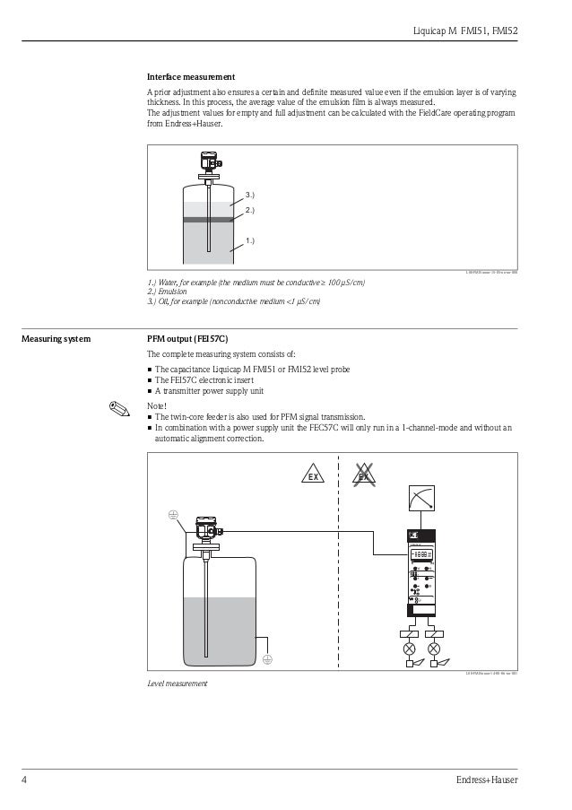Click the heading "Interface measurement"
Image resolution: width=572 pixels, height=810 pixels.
(x=191, y=77)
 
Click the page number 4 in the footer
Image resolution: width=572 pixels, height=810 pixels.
(x=24, y=779)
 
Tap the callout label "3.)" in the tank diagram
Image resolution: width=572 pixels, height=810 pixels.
(x=249, y=194)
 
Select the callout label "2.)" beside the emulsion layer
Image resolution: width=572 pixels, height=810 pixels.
(x=249, y=211)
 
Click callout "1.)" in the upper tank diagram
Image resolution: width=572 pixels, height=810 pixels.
(x=249, y=241)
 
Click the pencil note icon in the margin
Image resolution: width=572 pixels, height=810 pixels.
(x=115, y=408)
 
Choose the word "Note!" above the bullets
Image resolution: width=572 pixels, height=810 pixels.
(x=157, y=406)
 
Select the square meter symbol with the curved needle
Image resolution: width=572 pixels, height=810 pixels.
(x=420, y=498)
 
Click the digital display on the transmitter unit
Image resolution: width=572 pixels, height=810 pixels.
(x=421, y=555)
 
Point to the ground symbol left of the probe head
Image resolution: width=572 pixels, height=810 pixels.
(x=173, y=515)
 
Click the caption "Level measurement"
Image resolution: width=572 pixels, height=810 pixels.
(x=177, y=684)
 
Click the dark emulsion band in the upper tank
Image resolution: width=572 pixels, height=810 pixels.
(x=207, y=219)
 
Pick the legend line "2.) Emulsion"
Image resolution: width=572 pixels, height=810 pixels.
(x=166, y=292)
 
